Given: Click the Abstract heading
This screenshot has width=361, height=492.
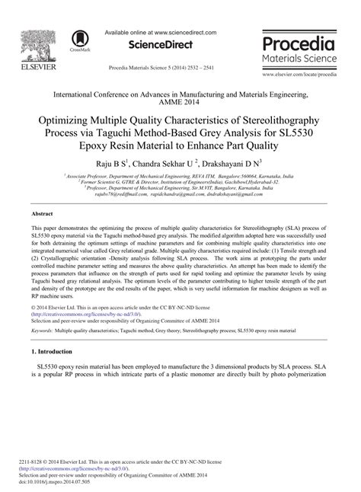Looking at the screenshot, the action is click(42, 215).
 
